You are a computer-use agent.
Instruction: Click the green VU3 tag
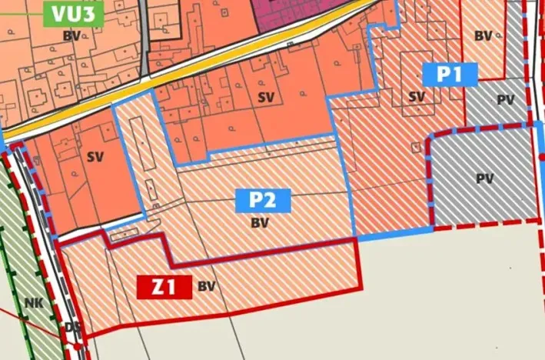(73, 15)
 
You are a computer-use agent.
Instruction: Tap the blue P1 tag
(450, 74)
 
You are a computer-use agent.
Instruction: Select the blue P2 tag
(262, 201)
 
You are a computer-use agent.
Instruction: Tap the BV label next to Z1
(206, 286)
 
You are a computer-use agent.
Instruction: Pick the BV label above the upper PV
(483, 35)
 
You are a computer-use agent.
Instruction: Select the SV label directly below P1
(417, 97)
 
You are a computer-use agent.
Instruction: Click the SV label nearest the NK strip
(95, 157)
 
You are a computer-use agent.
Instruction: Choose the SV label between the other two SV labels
(266, 97)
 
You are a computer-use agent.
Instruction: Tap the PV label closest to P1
(505, 99)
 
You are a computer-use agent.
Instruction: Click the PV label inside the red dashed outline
(484, 179)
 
